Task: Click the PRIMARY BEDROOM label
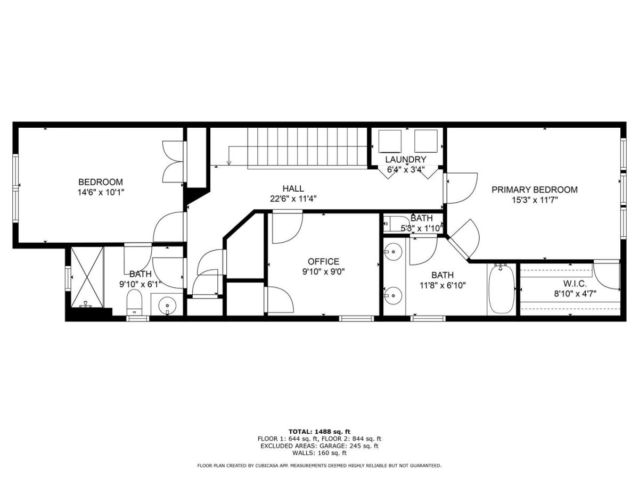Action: click(x=535, y=189)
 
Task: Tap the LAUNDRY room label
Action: click(x=406, y=159)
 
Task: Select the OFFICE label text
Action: click(x=323, y=261)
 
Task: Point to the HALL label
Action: click(x=293, y=188)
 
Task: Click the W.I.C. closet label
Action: click(x=571, y=283)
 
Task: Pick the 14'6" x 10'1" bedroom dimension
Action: click(x=101, y=192)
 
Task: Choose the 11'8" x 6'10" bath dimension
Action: click(x=443, y=286)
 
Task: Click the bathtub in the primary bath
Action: click(x=501, y=289)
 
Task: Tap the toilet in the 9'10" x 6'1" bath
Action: click(x=135, y=302)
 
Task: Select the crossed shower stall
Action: click(x=87, y=277)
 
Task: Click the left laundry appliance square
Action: click(x=390, y=141)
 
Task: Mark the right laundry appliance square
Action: click(x=425, y=141)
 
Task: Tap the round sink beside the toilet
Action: click(x=167, y=305)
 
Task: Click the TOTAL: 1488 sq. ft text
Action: click(x=319, y=431)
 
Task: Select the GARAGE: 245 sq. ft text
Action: click(x=349, y=446)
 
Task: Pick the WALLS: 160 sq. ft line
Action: click(x=319, y=453)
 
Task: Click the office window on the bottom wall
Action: click(x=356, y=318)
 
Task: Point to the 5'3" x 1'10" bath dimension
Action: click(x=422, y=228)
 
